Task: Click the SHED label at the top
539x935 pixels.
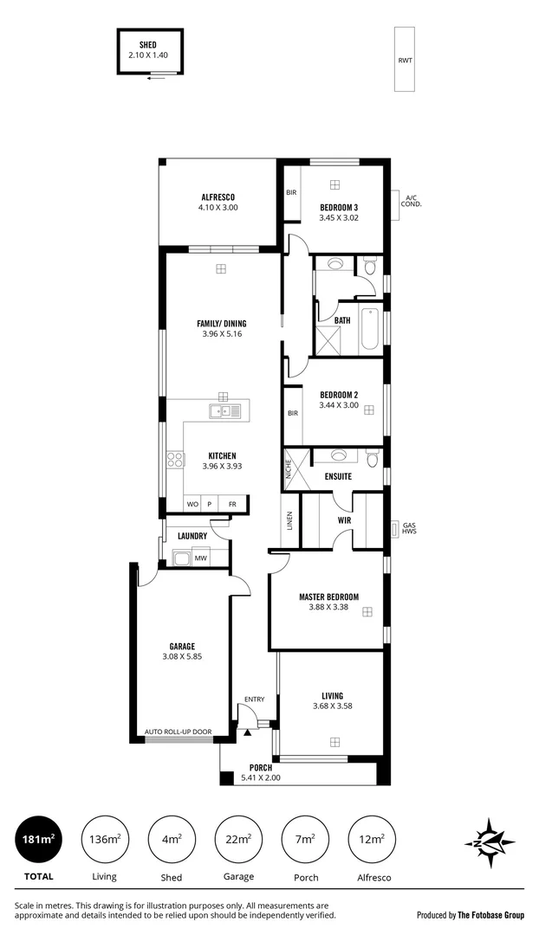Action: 147,43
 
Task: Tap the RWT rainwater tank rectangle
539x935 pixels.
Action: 405,60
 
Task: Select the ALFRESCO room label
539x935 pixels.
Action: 218,197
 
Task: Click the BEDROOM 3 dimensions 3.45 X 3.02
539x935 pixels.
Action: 338,218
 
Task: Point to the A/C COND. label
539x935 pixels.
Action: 412,201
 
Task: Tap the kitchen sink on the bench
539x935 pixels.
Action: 224,411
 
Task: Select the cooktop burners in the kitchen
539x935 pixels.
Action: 174,460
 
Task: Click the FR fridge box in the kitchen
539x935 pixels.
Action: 232,504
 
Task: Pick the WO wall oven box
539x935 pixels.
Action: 192,504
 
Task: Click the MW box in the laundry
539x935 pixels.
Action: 200,558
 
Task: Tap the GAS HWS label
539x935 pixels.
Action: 409,528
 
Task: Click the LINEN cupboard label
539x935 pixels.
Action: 289,520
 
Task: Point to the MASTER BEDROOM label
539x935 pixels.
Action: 328,596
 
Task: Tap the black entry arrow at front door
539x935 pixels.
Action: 247,732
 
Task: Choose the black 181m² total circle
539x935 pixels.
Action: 40,839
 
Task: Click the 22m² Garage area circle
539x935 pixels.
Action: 238,839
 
